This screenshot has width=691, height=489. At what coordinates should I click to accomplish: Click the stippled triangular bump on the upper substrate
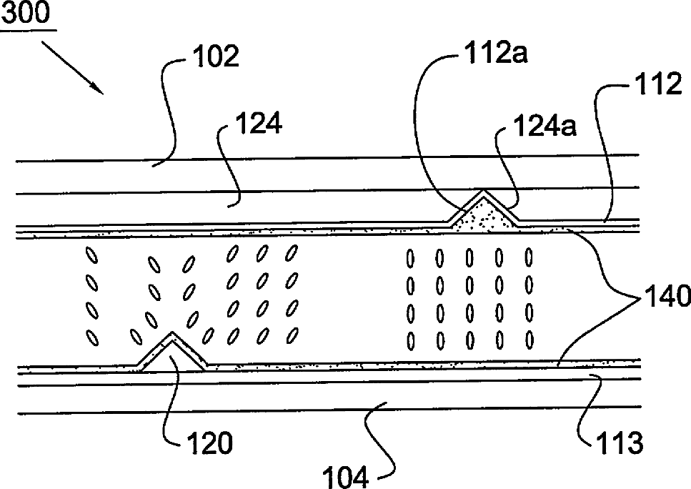[x=484, y=214]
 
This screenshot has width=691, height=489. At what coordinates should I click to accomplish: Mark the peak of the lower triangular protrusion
[x=172, y=334]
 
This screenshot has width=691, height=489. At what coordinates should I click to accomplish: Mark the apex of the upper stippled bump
[x=484, y=192]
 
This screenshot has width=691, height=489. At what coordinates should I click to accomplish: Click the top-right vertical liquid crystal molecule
[x=530, y=255]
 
